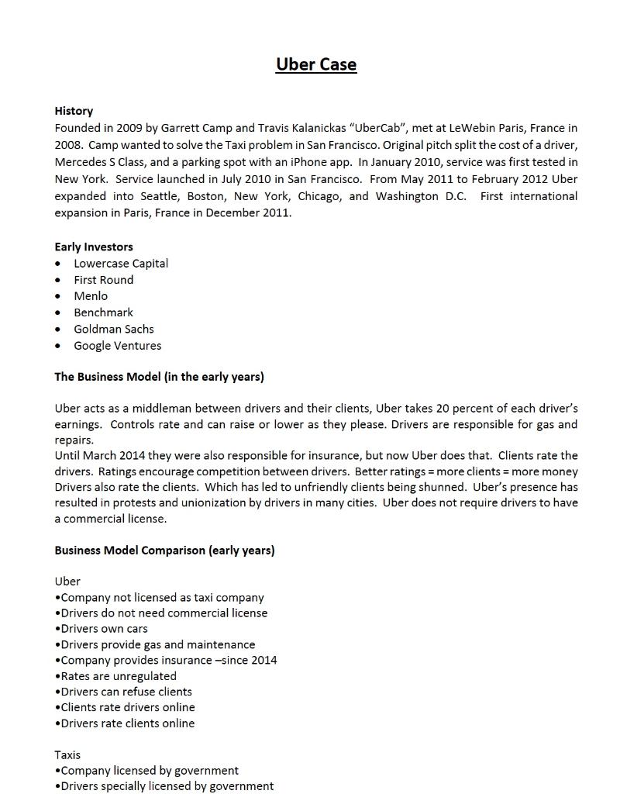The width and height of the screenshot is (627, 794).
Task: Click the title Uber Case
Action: coord(316,64)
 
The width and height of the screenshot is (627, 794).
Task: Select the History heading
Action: coord(74,111)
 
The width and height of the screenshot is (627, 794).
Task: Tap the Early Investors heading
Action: coord(94,247)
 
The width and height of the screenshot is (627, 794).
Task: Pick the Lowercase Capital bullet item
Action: coord(121,263)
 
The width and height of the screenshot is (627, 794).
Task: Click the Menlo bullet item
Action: coord(91,295)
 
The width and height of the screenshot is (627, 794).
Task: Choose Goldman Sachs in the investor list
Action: coord(114,329)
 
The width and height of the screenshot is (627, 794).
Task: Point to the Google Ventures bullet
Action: coord(118,346)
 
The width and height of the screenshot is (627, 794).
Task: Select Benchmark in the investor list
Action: coord(103,312)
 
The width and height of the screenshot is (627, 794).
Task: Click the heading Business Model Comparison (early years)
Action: coord(164,551)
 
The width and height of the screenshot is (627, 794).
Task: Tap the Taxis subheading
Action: coord(67,754)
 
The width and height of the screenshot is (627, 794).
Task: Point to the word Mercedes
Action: coord(81,162)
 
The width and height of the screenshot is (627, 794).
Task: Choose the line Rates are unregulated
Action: coord(118,676)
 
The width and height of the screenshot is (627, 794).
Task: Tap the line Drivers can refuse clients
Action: coord(126,692)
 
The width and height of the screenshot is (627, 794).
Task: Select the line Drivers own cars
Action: coord(104,629)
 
